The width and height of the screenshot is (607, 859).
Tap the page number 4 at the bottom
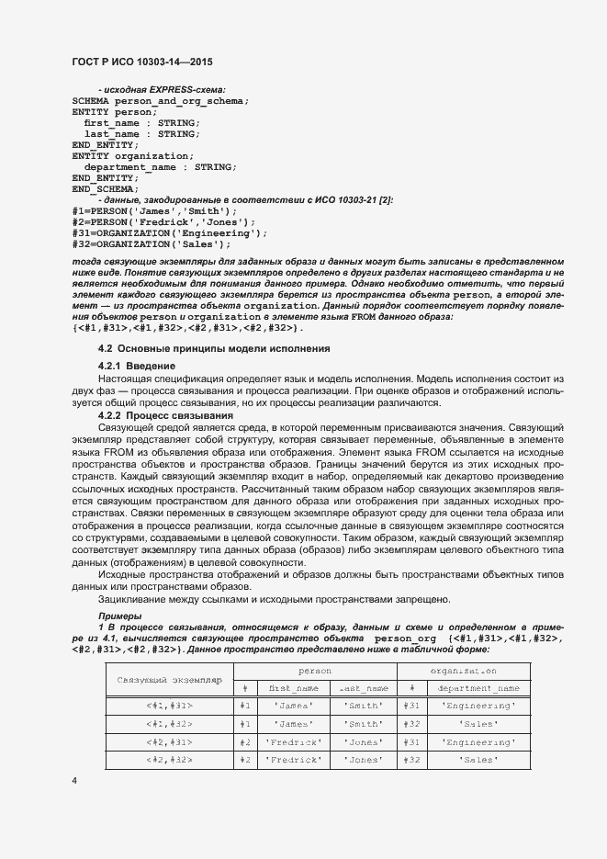[73, 780]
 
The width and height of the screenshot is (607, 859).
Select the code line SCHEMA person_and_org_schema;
[160, 100]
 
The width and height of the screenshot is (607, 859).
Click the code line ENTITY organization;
[133, 156]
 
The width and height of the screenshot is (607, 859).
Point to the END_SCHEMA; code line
[106, 189]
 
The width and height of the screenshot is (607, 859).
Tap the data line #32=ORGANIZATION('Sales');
[151, 244]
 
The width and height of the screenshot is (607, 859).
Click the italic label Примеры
[119, 616]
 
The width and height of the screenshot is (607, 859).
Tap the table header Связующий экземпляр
[170, 680]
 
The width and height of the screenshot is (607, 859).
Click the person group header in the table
[315, 672]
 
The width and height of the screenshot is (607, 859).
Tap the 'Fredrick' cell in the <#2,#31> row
[294, 741]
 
